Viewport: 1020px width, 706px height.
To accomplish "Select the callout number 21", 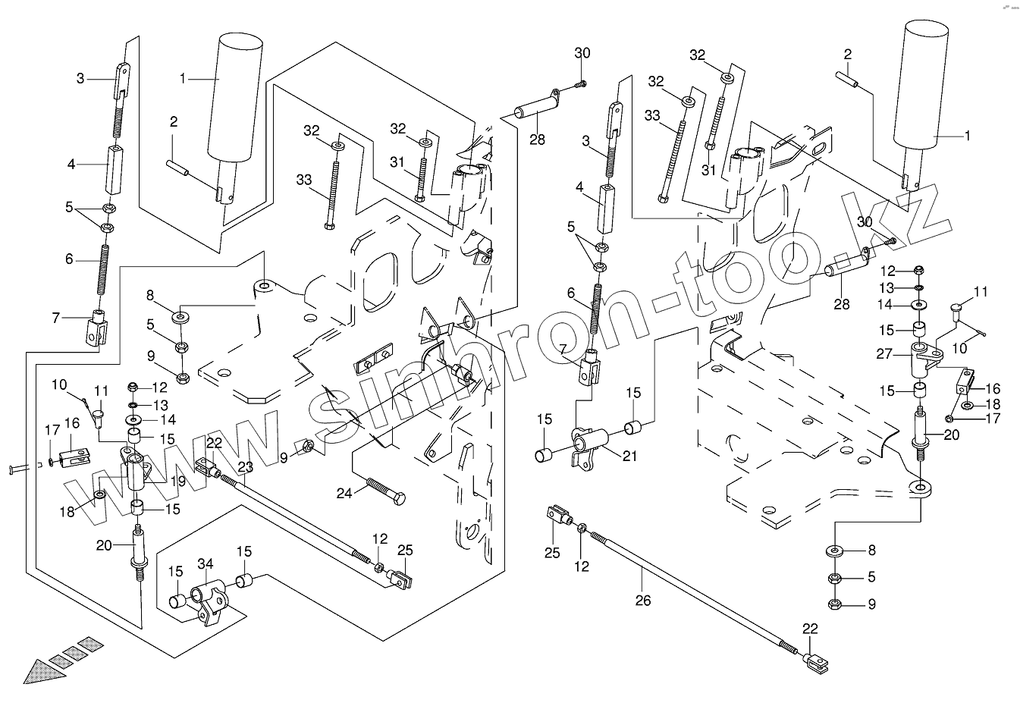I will click(629, 456).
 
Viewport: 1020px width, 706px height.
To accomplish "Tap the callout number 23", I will click(244, 467).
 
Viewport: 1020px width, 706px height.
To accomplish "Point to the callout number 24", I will click(345, 494).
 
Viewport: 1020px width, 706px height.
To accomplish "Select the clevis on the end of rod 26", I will click(821, 666).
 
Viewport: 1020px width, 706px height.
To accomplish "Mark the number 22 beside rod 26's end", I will click(811, 629).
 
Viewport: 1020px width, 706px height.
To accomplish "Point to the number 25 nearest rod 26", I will click(553, 553).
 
